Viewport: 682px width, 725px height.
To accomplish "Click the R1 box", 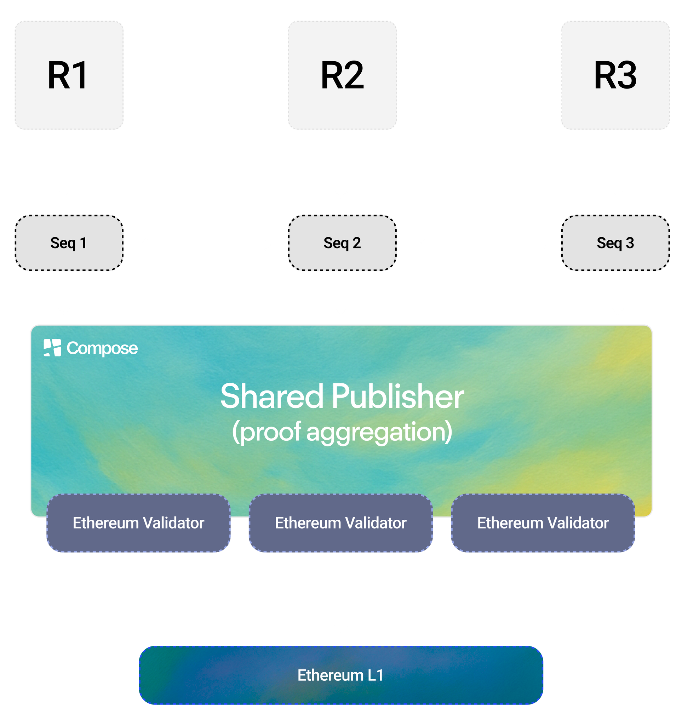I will point(69,75).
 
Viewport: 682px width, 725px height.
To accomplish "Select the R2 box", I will point(342,75).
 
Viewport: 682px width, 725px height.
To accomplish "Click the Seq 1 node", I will point(69,243).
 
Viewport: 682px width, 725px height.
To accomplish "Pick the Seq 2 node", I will point(342,243).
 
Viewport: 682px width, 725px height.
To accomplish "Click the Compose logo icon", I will point(52,348).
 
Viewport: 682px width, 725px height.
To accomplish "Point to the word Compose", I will point(102,348).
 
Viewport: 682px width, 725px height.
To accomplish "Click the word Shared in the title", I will point(272,397).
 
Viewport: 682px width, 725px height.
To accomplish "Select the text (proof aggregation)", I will point(342,432).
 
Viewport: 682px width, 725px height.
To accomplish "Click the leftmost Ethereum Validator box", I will point(138,523).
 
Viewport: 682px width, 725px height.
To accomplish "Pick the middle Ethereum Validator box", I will point(341,523).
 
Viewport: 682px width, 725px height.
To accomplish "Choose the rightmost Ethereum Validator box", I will point(543,523).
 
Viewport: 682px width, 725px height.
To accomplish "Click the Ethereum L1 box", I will point(341,675).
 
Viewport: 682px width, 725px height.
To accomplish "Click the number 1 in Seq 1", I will point(83,243).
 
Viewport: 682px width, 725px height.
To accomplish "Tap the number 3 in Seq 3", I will point(630,243).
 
